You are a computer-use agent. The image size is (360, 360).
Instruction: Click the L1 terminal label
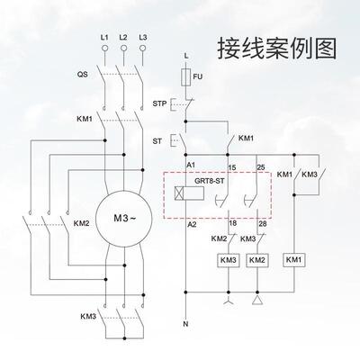click(x=103, y=38)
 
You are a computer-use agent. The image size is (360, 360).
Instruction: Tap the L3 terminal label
click(x=143, y=38)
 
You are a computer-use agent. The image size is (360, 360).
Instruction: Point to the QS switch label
click(x=82, y=77)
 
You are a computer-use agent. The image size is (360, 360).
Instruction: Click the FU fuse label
click(x=198, y=78)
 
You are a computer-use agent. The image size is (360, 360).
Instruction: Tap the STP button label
click(x=159, y=104)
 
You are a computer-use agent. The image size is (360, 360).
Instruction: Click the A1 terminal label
click(x=192, y=167)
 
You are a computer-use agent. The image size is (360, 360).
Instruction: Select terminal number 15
click(x=232, y=167)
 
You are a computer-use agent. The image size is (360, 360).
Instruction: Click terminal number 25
click(x=262, y=167)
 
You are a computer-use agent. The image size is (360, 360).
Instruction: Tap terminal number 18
click(x=232, y=223)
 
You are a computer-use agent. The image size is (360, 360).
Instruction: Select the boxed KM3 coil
click(x=228, y=260)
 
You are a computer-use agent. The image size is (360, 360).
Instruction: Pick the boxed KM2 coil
click(x=257, y=260)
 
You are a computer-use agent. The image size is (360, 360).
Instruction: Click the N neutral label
click(x=185, y=321)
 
